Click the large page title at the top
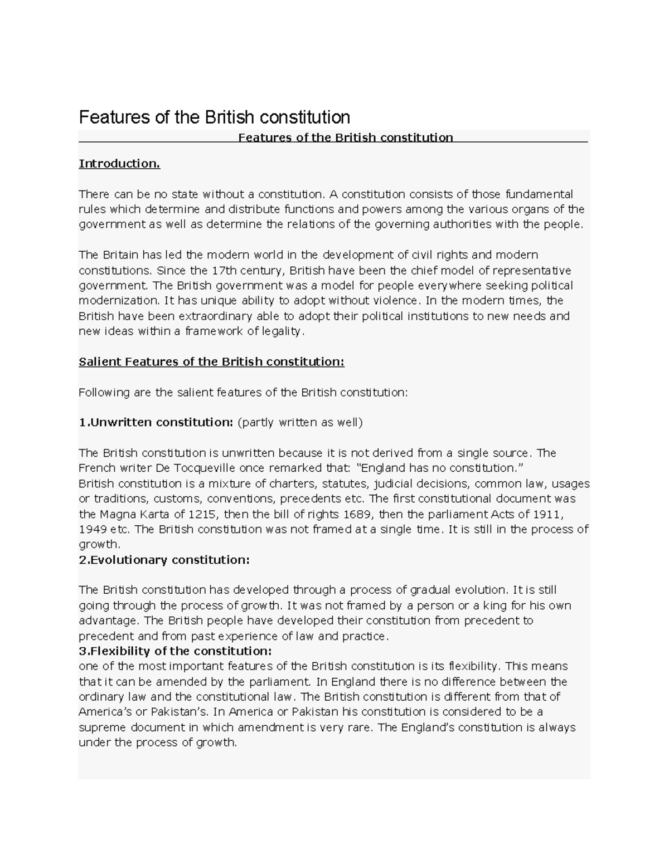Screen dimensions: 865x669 tap(215, 117)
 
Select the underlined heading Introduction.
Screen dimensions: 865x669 tap(119, 164)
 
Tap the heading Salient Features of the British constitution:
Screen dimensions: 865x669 tap(212, 362)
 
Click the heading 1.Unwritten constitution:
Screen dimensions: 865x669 tap(156, 422)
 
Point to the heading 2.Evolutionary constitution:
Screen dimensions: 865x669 tap(164, 560)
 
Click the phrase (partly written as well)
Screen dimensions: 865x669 tap(300, 422)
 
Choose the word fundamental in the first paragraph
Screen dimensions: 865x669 tap(539, 194)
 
